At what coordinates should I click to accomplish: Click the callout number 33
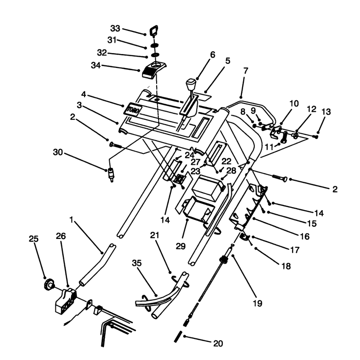[x=115, y=28]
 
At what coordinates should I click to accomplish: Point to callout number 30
[x=58, y=152]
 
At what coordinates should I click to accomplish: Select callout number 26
[x=61, y=236]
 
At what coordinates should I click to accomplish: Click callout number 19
[x=257, y=303]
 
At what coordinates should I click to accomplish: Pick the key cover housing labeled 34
[x=154, y=70]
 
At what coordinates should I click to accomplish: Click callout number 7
[x=246, y=71]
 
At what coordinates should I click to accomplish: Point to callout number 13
[x=326, y=112]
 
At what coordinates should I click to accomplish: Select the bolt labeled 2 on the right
[x=279, y=178]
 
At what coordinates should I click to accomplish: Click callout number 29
[x=181, y=246]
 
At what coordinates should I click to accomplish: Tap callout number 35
[x=137, y=263]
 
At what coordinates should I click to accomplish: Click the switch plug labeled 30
[x=111, y=175]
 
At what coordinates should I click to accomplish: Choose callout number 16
[x=305, y=236]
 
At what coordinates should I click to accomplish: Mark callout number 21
[x=154, y=235]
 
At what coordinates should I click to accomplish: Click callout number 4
[x=84, y=94]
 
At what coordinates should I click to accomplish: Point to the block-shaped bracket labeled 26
[x=66, y=301]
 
